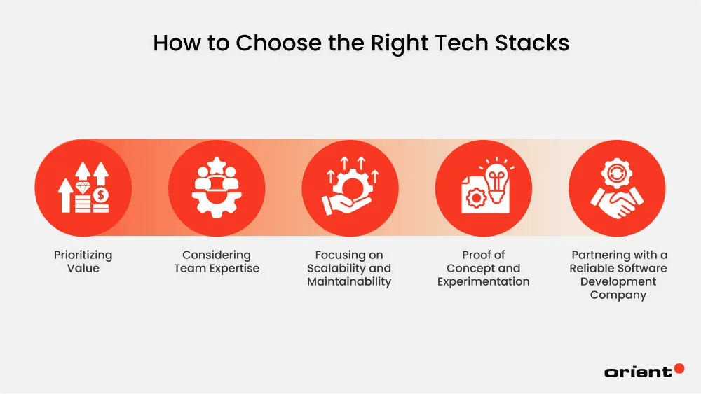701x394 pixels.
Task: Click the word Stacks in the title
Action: [x=532, y=43]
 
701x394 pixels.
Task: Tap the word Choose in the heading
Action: [x=278, y=43]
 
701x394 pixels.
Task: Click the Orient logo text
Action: [x=638, y=372]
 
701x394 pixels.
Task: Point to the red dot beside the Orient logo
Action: [x=679, y=368]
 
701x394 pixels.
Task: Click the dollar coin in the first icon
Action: [x=101, y=195]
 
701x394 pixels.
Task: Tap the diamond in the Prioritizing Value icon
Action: [x=83, y=188]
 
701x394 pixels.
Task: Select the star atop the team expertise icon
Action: [x=217, y=166]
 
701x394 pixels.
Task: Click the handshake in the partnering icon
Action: [x=618, y=204]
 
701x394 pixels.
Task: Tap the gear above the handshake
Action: [x=617, y=174]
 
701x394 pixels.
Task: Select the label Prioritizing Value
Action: [x=83, y=262]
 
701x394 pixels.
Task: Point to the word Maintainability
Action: [x=349, y=281]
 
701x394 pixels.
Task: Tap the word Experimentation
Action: [x=483, y=281]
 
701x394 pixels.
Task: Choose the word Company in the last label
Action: [x=618, y=295]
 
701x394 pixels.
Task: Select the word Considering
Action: [x=217, y=255]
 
